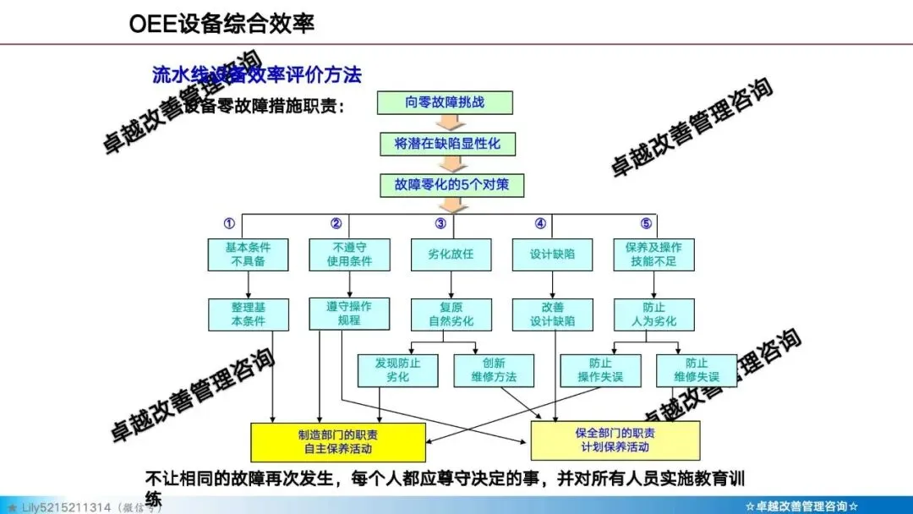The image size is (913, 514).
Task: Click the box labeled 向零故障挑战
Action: (x=445, y=103)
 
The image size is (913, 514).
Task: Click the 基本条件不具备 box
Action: (x=248, y=254)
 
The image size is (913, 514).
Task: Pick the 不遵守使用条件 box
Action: (x=349, y=254)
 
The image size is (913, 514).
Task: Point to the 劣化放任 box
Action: (x=451, y=254)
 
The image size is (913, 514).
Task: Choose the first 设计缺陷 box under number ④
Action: (x=552, y=254)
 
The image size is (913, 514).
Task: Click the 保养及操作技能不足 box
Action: (x=653, y=254)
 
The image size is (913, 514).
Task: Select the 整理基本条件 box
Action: (x=248, y=314)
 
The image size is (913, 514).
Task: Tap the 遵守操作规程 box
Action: (x=349, y=313)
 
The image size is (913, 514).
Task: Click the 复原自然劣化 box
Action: (x=451, y=314)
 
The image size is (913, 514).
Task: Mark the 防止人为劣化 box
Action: (x=653, y=314)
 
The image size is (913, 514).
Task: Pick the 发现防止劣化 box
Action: (x=397, y=370)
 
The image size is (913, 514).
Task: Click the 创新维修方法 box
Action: (x=494, y=370)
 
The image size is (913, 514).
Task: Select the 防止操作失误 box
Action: (x=600, y=370)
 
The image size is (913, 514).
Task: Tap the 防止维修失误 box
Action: (x=697, y=370)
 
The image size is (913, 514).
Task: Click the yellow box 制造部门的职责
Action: (x=338, y=441)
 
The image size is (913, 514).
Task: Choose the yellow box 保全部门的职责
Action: (x=615, y=440)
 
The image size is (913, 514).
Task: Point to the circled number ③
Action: (x=440, y=224)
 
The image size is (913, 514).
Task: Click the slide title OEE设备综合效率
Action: (x=221, y=24)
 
